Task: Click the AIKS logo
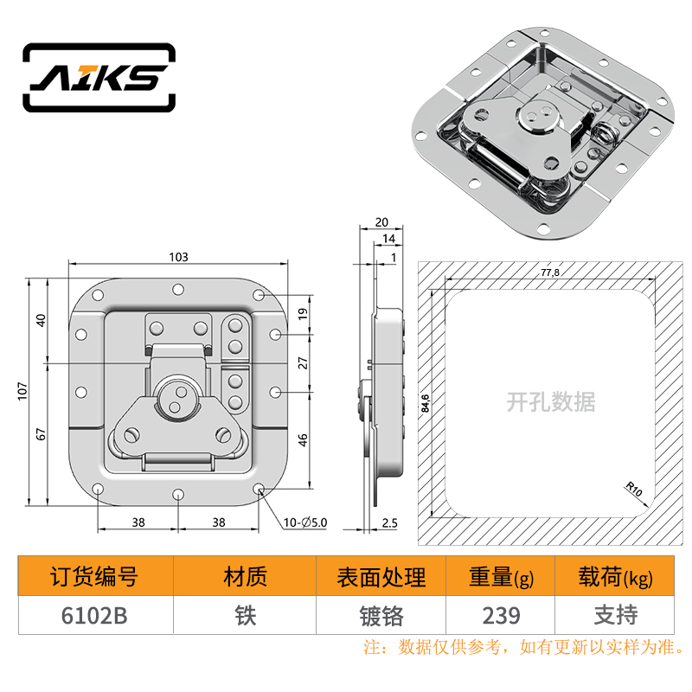point(99,77)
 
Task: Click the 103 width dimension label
point(178,257)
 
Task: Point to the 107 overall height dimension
point(22,392)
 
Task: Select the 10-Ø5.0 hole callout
point(305,522)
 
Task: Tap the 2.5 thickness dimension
point(390,523)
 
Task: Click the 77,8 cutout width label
point(550,272)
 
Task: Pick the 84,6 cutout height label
point(425,403)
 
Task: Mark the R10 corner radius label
point(634,489)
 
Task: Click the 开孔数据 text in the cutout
point(550,401)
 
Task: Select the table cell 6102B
point(94,616)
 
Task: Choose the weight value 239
point(502,616)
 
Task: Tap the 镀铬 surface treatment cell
point(381,616)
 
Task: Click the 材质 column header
point(246,577)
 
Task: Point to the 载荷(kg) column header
point(615,577)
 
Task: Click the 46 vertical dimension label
point(303,440)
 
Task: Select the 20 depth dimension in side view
point(381,222)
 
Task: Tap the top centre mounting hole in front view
point(178,290)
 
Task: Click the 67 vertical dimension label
point(41,434)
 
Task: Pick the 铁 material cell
point(246,616)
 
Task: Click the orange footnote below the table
point(524,647)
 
